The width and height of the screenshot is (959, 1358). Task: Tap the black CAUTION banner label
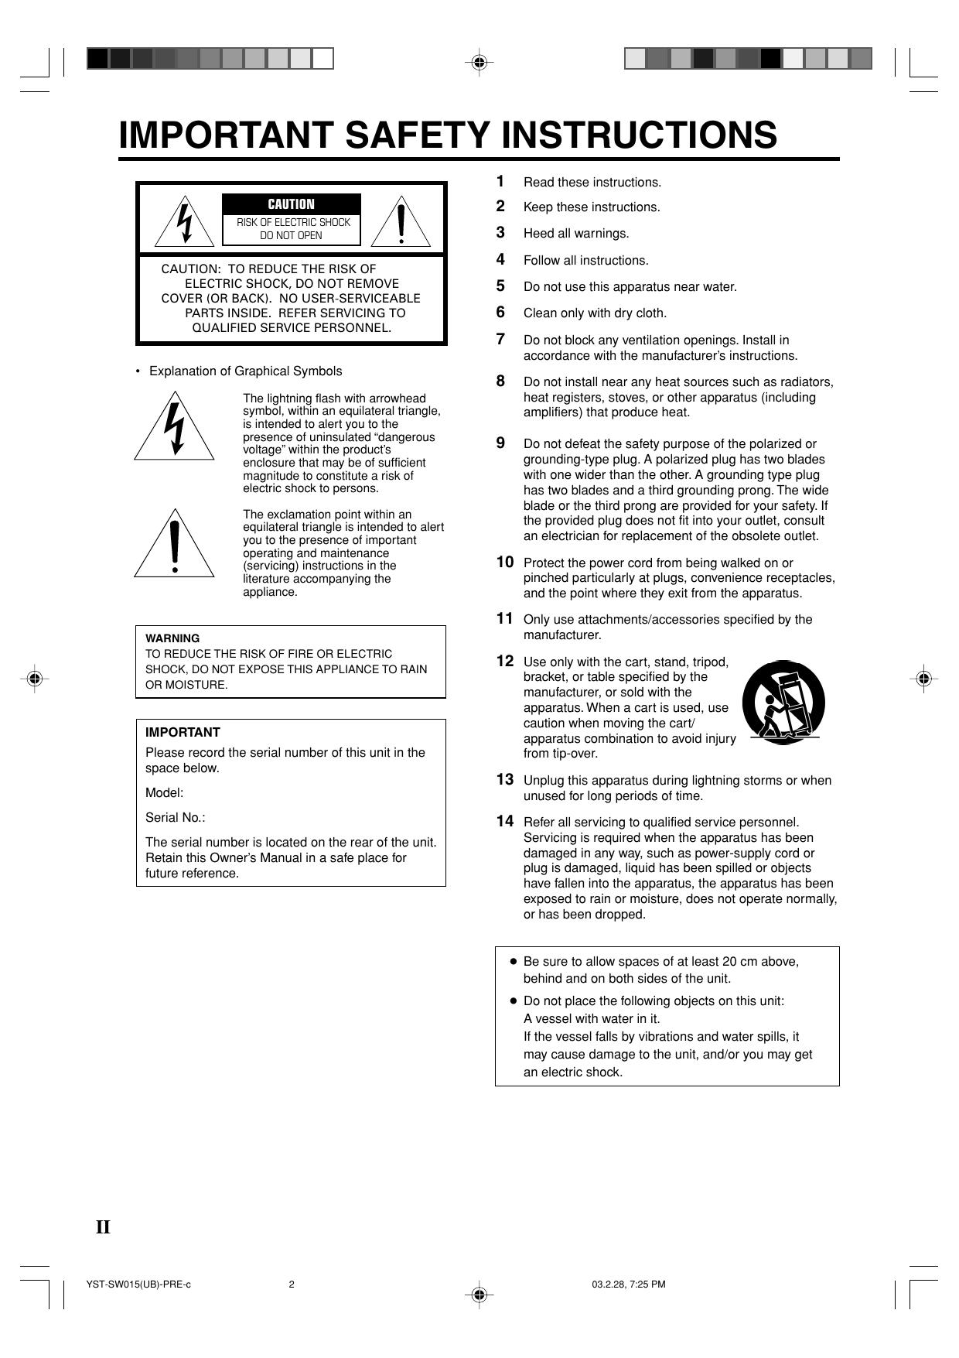[291, 204]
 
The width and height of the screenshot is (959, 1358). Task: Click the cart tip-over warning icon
[783, 703]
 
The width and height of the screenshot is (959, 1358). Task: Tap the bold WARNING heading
[172, 638]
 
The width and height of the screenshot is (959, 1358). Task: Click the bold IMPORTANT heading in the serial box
[183, 732]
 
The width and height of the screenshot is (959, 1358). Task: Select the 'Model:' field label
[164, 793]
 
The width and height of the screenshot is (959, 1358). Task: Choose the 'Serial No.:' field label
[176, 818]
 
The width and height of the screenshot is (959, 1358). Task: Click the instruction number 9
[500, 443]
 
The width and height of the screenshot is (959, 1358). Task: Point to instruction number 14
[504, 821]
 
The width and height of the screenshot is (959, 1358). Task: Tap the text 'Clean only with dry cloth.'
[595, 313]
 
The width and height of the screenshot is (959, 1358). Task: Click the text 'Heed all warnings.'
[576, 234]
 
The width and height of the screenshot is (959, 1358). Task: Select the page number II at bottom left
[103, 1227]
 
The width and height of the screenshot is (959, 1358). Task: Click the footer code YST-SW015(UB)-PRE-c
[138, 1284]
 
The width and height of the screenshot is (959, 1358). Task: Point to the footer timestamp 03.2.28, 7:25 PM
[629, 1284]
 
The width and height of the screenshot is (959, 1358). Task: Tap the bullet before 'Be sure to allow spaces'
[513, 961]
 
